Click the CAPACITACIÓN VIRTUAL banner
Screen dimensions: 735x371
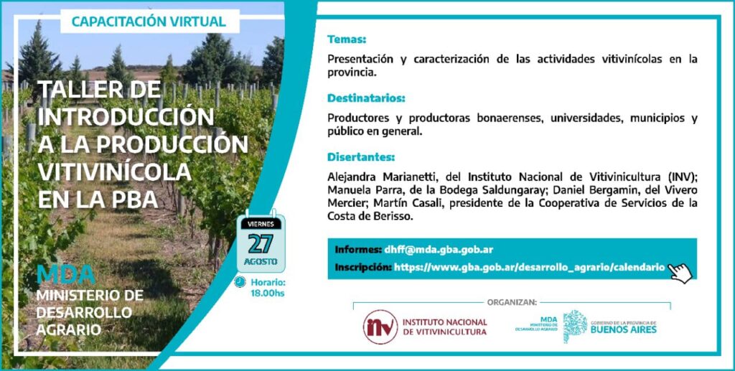tap(150, 21)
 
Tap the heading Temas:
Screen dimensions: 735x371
tap(347, 39)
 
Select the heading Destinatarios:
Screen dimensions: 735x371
tap(366, 98)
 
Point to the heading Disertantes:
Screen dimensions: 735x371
tap(361, 157)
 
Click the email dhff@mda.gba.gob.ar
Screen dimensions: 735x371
tap(439, 250)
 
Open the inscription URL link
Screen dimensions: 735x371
tap(529, 268)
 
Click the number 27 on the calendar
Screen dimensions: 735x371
tap(261, 243)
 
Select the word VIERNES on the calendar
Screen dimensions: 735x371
tap(261, 225)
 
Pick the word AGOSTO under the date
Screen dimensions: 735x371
tap(261, 261)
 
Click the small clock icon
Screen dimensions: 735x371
tap(240, 282)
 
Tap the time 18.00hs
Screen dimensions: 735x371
tap(268, 293)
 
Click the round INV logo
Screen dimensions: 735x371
tap(380, 327)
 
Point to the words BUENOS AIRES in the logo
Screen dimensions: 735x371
tap(624, 330)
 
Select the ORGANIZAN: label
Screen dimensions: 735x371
tap(512, 302)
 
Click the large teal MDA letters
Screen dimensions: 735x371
tap(66, 275)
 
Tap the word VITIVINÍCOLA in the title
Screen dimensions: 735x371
tap(114, 172)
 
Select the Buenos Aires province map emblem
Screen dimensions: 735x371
tap(575, 327)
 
